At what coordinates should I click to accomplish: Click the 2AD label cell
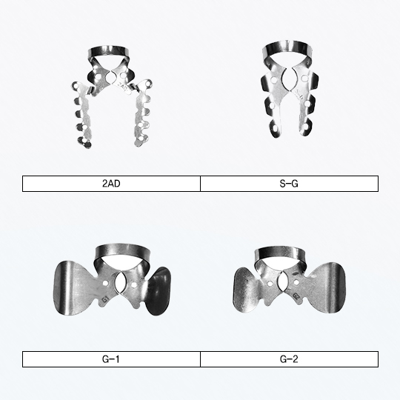[111, 184]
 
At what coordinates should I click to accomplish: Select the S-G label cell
[290, 184]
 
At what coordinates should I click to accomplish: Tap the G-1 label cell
[111, 359]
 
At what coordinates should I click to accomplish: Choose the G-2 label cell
[290, 359]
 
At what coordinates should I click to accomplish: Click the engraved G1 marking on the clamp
[105, 299]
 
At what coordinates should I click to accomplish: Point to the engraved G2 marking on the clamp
[296, 296]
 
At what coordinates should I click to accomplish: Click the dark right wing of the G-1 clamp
[159, 291]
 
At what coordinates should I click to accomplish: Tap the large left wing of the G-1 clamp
[71, 287]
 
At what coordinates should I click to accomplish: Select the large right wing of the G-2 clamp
[328, 287]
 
